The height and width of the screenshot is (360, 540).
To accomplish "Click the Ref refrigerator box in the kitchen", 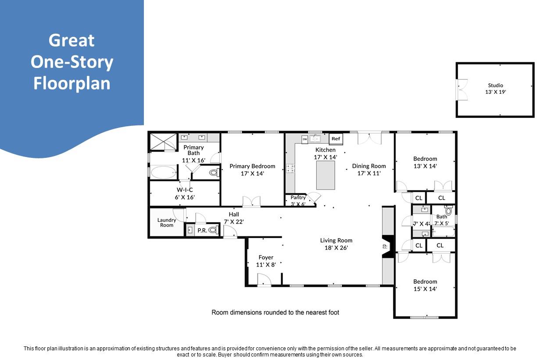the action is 336,139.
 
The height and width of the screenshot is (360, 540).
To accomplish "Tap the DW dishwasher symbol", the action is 305,139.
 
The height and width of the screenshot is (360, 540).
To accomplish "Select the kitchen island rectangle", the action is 325,175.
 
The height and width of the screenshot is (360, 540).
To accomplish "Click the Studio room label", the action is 495,86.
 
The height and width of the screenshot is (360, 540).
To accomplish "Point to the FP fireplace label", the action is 385,246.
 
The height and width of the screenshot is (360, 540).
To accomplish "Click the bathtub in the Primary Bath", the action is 164,172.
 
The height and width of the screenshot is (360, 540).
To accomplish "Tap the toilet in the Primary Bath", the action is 214,172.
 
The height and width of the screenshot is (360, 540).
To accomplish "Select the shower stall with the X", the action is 164,142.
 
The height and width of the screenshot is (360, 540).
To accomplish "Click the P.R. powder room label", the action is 202,231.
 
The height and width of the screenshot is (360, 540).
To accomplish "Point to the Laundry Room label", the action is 167,222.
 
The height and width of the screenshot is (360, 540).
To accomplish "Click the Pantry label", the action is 298,197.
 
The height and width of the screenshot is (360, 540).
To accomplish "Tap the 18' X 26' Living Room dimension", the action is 336,248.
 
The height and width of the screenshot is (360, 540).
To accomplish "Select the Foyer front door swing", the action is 264,280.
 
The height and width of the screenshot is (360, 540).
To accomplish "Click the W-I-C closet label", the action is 185,190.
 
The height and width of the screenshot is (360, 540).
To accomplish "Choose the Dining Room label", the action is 369,166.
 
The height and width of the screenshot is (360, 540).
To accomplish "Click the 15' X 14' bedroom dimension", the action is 425,289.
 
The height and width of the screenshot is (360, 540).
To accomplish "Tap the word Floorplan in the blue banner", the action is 72,83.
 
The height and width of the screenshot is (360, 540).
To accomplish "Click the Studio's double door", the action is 462,89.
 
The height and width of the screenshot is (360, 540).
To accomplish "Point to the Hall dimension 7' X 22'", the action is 234,222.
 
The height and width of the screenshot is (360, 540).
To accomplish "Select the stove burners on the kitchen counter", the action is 290,168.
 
